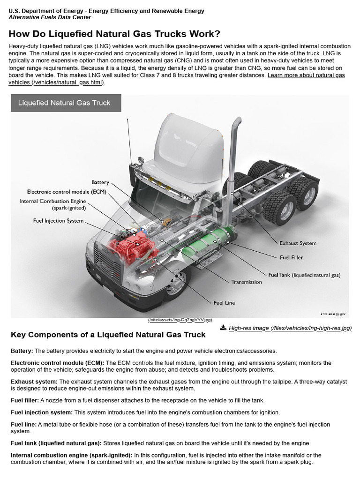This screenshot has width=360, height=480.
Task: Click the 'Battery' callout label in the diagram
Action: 100,182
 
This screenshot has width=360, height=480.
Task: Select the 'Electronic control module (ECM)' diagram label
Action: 67,192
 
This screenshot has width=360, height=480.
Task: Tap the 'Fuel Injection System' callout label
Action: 58,220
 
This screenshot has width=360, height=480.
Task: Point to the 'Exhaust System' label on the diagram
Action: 298,243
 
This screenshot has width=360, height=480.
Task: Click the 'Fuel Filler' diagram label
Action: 291,257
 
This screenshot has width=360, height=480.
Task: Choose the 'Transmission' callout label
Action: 247,282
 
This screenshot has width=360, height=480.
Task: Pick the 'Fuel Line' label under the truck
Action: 224,303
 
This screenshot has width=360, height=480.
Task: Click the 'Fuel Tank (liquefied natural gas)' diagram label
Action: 304,275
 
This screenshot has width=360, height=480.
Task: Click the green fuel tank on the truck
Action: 202,246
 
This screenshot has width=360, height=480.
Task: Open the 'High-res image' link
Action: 290,328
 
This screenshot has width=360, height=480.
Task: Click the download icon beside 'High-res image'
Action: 223,327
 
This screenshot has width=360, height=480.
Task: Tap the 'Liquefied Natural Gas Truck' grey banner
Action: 66,103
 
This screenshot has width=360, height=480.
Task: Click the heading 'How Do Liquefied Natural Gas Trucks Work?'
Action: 114,34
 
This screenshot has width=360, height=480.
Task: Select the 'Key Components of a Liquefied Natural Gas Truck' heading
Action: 108,335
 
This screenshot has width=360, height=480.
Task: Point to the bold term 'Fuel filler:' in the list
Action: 25,400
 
